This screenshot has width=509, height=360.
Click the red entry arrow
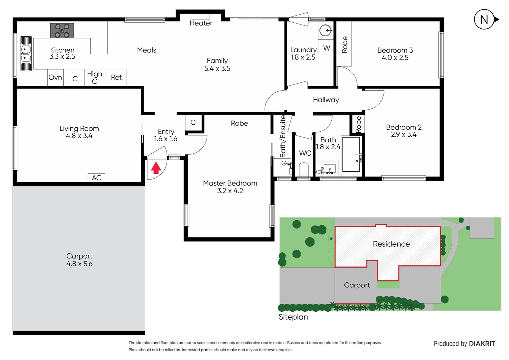coord(156,168)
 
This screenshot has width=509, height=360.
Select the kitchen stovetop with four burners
coord(62,31)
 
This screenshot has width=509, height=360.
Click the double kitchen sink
coord(26,54)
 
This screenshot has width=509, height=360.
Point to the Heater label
coord(201,23)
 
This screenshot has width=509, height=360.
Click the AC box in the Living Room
coord(97,178)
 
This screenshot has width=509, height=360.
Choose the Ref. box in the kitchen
coord(116,78)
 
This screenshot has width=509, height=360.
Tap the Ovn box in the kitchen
coord(55,78)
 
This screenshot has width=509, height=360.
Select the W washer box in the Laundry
coord(326,48)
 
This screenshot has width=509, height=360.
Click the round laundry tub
coord(325,31)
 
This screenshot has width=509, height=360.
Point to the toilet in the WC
coord(304,169)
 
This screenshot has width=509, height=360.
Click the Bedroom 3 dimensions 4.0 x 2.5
coord(395,58)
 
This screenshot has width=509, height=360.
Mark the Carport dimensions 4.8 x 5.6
coord(79,264)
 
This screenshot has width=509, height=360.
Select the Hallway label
coord(326,100)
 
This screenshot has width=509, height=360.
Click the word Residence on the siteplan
coord(391,244)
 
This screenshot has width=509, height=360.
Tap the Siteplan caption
coord(293,317)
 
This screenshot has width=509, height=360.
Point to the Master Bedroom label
coord(230,183)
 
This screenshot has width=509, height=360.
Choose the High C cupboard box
coord(95,78)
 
